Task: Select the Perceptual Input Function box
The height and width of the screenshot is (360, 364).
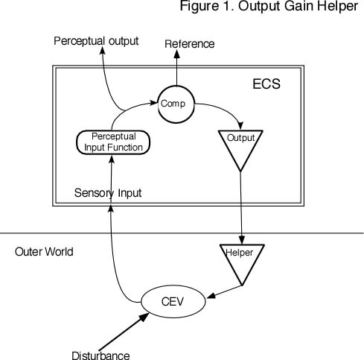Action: click(114, 142)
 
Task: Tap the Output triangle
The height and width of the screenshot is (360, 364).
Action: click(240, 145)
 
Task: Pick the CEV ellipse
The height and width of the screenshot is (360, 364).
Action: click(172, 301)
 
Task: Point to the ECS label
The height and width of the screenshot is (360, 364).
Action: click(266, 83)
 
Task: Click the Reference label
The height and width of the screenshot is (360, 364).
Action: click(189, 44)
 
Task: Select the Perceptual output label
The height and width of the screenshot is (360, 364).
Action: click(96, 40)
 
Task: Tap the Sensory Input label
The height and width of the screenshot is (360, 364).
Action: click(108, 193)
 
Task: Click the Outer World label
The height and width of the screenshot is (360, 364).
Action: click(44, 252)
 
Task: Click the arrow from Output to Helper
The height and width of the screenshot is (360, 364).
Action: click(240, 209)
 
